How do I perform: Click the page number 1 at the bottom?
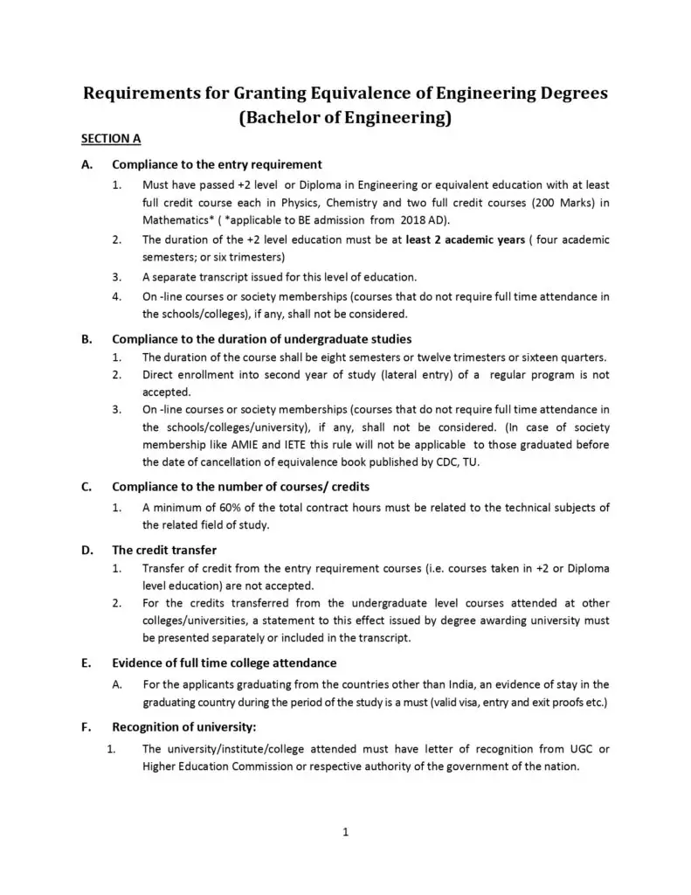click(x=346, y=832)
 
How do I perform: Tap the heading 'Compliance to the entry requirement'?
click(x=218, y=164)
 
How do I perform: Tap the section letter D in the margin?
click(x=86, y=550)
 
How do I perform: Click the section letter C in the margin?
click(x=86, y=487)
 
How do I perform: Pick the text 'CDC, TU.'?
click(x=449, y=461)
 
